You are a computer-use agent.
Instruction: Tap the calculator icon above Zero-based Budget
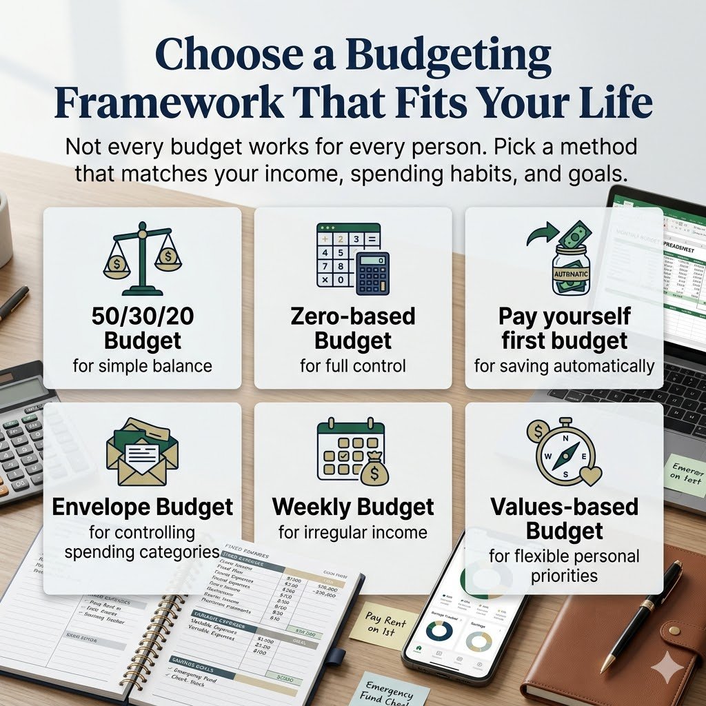click(352, 259)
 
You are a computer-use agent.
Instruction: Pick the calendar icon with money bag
click(352, 452)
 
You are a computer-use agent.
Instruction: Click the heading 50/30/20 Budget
click(142, 328)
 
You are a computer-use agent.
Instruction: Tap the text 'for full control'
click(353, 365)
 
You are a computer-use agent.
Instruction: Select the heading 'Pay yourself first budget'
click(564, 328)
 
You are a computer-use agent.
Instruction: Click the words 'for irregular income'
click(353, 532)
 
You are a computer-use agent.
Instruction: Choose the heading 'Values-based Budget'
click(564, 518)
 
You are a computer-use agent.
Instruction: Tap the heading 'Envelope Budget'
click(143, 507)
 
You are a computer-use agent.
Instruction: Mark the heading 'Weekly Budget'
click(353, 507)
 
